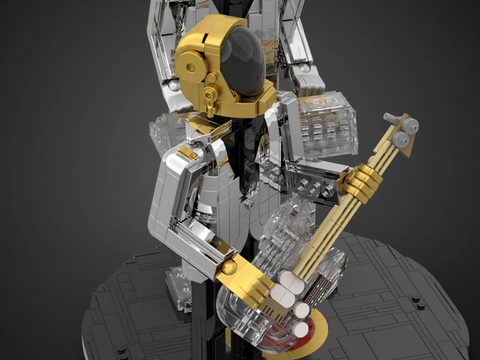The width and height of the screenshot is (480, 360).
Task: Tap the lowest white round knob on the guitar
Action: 301,329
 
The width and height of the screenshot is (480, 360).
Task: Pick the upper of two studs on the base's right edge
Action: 417,298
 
